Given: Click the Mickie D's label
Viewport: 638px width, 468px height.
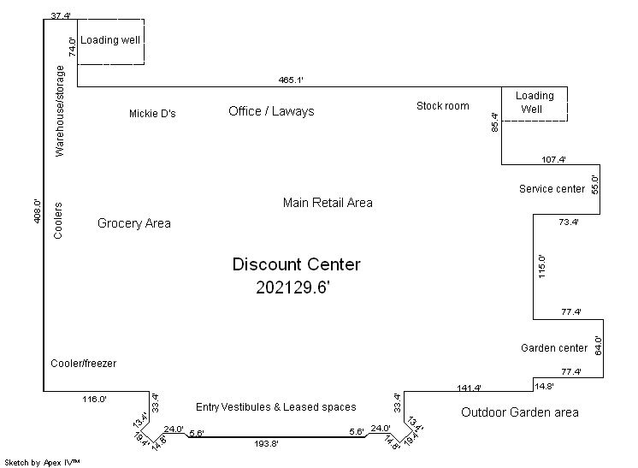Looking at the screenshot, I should tap(152, 114).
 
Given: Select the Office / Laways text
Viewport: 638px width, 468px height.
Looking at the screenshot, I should tap(271, 111).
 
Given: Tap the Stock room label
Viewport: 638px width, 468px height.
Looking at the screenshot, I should tap(443, 106).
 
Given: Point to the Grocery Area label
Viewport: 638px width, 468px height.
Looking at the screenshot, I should tap(133, 223).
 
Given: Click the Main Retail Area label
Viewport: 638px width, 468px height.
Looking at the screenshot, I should tap(328, 203).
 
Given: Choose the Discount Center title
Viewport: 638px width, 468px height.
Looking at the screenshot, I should tap(296, 264).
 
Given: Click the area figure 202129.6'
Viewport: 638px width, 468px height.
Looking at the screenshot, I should tap(292, 288).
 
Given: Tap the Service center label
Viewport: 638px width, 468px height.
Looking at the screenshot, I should tap(552, 189).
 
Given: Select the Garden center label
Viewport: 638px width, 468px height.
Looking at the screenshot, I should tap(554, 348).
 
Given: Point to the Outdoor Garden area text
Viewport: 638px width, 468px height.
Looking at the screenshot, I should tap(519, 412).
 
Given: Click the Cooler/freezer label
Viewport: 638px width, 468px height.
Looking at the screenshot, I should tap(84, 364).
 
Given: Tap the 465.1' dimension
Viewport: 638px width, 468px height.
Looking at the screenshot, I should tap(292, 80).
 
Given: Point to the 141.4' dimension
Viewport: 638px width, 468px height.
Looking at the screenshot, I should tap(470, 388).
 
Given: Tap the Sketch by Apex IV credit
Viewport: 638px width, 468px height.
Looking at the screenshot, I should tap(42, 462).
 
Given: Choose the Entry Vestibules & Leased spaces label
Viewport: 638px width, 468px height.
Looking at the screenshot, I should tap(275, 407).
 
